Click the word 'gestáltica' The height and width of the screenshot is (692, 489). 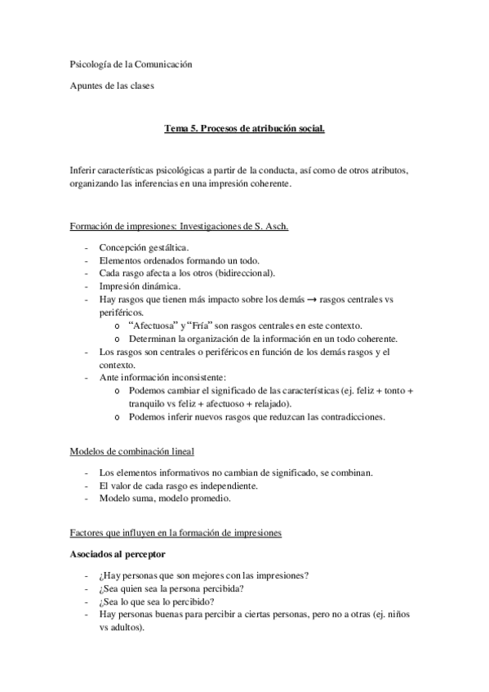(x=166, y=246)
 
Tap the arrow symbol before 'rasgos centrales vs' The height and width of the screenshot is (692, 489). (x=301, y=299)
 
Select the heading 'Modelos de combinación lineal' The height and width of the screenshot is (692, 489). (x=132, y=451)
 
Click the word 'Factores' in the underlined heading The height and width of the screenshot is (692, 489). (x=87, y=533)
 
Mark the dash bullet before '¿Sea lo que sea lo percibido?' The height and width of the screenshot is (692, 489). (x=86, y=601)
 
